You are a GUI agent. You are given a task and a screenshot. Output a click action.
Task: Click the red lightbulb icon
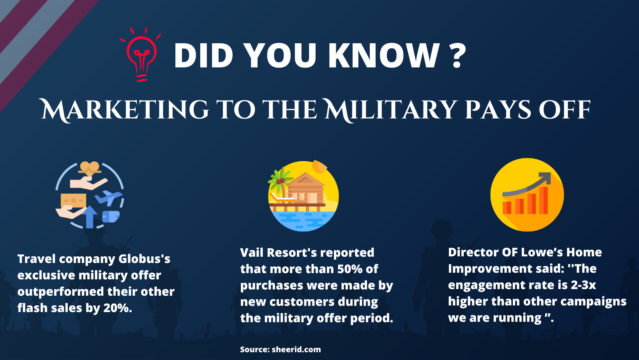141,55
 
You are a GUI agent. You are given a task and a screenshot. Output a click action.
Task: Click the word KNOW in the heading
384,55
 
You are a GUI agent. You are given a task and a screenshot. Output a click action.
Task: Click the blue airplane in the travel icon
109,197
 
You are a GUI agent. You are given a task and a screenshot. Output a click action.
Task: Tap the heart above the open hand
90,167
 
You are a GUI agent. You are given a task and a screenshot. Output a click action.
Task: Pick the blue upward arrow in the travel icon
90,216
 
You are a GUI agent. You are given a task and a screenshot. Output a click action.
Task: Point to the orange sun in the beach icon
320,166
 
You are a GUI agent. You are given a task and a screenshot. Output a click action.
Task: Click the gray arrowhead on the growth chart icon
545,178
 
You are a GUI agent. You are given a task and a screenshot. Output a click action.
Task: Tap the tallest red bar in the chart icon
543,200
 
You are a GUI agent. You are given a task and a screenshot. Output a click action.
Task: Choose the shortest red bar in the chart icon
507,208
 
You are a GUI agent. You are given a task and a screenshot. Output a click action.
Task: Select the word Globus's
144,259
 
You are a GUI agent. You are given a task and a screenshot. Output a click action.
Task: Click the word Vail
252,252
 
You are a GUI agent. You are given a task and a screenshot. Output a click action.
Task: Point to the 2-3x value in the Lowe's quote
583,285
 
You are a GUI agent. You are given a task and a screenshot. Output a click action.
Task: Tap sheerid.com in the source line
296,349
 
